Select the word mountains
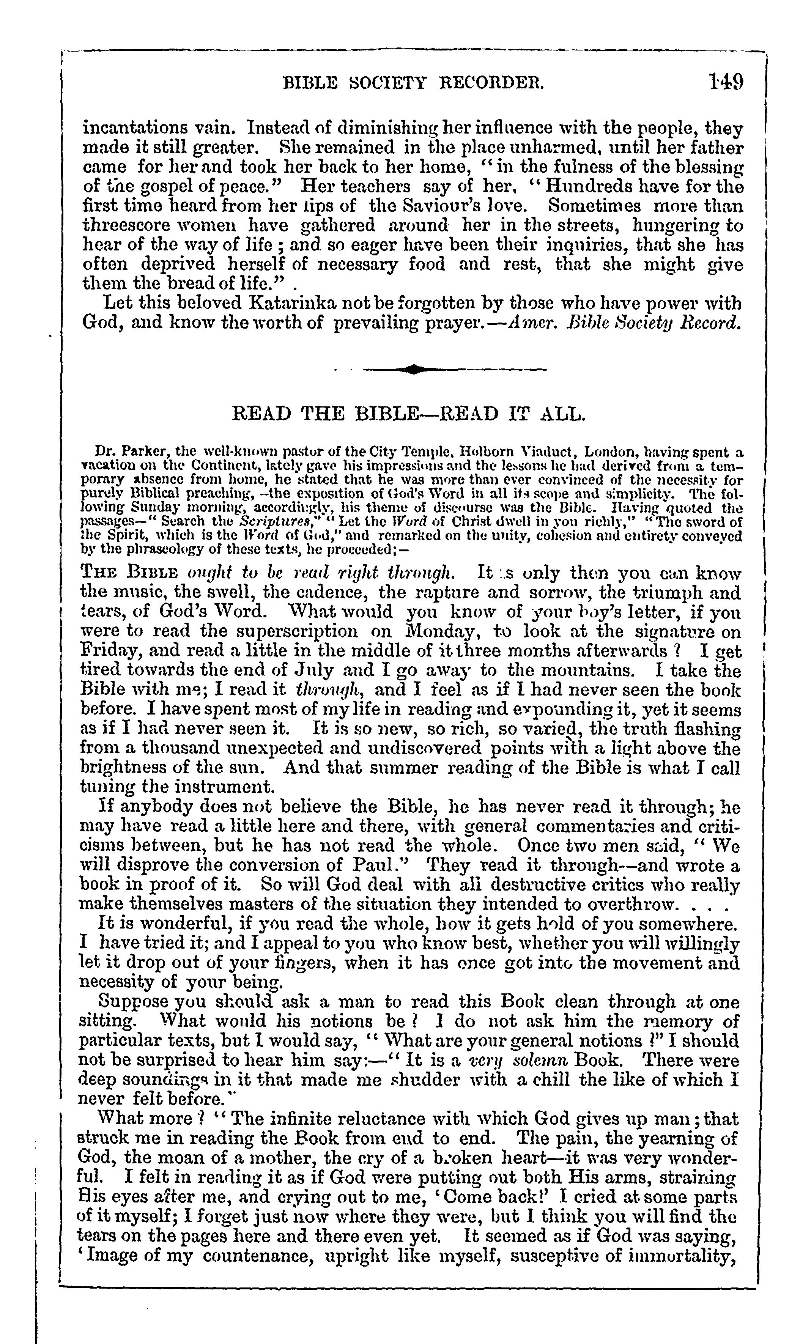(589, 670)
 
